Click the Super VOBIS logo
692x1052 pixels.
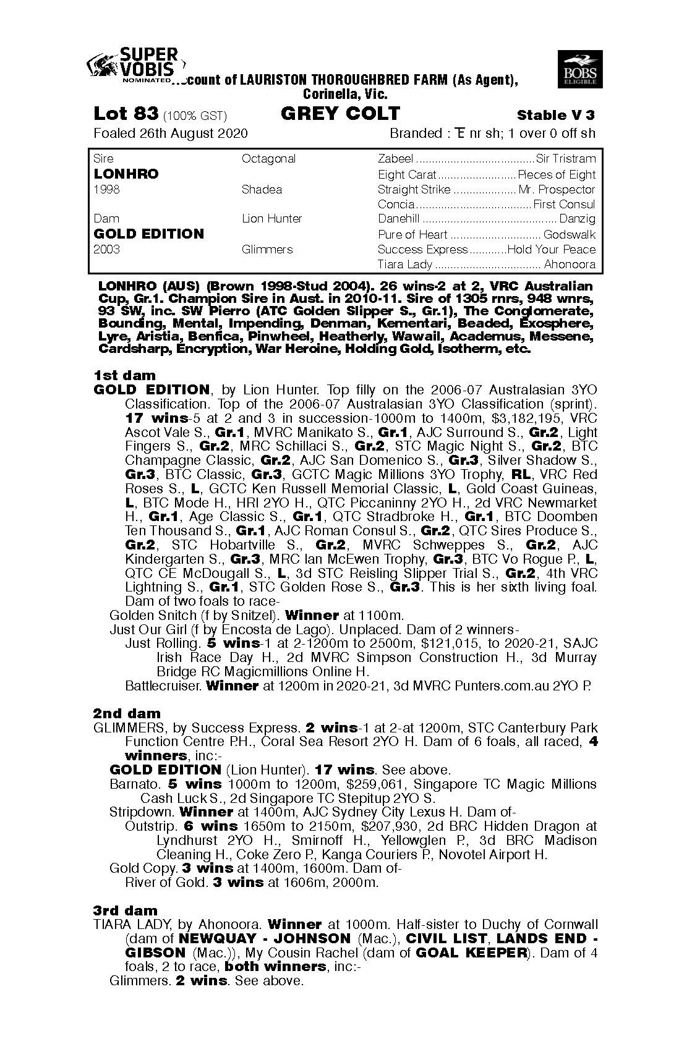point(133,65)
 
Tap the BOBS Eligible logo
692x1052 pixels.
point(580,69)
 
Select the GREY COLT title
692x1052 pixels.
point(340,114)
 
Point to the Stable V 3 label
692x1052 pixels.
point(556,115)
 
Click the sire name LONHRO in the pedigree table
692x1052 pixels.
point(126,174)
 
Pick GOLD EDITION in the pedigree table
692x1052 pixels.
point(148,234)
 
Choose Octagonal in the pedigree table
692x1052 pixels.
point(268,159)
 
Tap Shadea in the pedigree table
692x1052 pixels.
point(262,189)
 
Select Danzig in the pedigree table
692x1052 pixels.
point(577,218)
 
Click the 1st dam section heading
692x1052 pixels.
point(124,375)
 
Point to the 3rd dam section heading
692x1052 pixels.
point(125,910)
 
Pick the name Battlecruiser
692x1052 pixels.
point(163,685)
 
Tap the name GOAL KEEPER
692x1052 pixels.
point(469,952)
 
